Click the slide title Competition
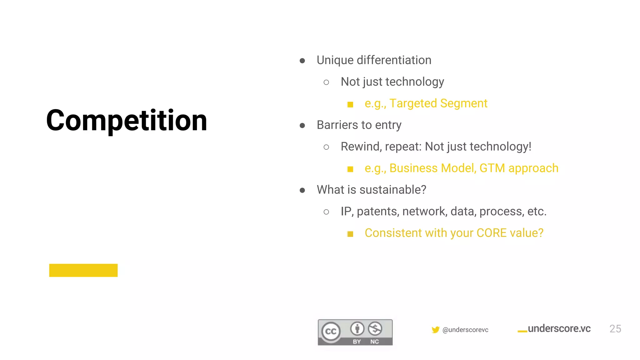[x=127, y=120]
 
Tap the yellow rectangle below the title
[x=83, y=270]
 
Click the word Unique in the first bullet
[x=335, y=60]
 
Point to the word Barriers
[x=337, y=125]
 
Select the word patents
[x=377, y=212]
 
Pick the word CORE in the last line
[x=492, y=233]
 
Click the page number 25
[x=615, y=329]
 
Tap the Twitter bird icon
[x=435, y=330]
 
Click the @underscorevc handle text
[x=465, y=330]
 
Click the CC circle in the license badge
[x=331, y=331]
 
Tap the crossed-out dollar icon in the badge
[x=375, y=328]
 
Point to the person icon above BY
[x=357, y=328]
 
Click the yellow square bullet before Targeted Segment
[x=350, y=104]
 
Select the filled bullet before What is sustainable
[x=302, y=190]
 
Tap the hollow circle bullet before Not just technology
[x=326, y=82]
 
